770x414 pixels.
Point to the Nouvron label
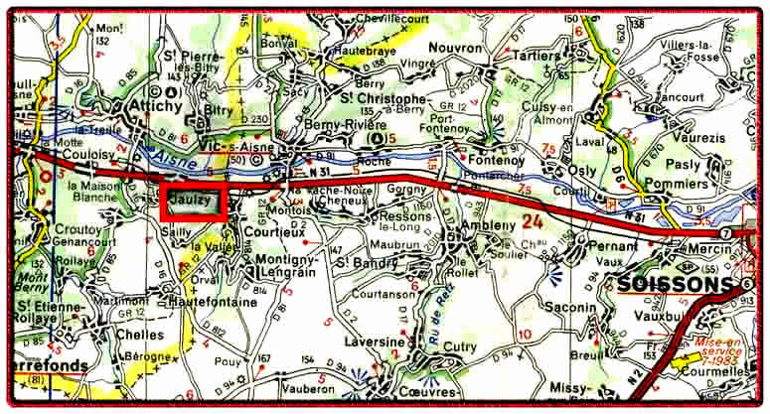point(456,48)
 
